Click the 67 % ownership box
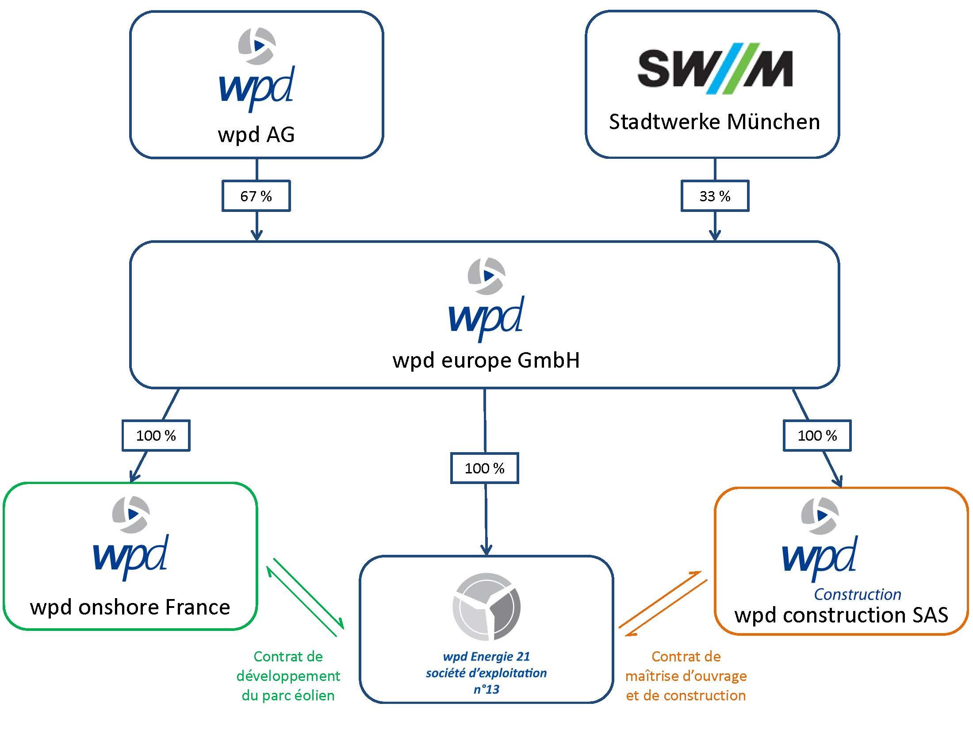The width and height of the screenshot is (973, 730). click(x=256, y=196)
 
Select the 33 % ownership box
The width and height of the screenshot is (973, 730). click(x=715, y=196)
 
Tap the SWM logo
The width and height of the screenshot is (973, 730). click(x=715, y=69)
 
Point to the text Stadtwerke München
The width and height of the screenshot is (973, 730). click(x=714, y=122)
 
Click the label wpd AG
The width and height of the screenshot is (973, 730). click(x=256, y=134)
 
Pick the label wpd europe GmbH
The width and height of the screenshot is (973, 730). click(x=486, y=360)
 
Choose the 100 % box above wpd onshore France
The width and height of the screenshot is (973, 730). click(x=156, y=435)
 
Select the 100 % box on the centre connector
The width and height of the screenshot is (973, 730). click(x=484, y=468)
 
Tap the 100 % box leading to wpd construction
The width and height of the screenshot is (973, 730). click(x=817, y=435)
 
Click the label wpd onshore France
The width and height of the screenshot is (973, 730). click(x=130, y=607)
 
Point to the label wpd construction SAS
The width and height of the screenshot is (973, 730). click(x=841, y=615)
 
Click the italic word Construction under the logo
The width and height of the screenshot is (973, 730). click(x=858, y=594)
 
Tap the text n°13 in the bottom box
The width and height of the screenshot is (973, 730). click(x=486, y=689)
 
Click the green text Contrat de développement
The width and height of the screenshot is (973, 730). click(x=288, y=666)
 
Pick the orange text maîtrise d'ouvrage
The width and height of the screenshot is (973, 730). click(x=686, y=676)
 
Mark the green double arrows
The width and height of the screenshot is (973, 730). click(x=305, y=597)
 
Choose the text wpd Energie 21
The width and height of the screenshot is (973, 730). click(x=486, y=657)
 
